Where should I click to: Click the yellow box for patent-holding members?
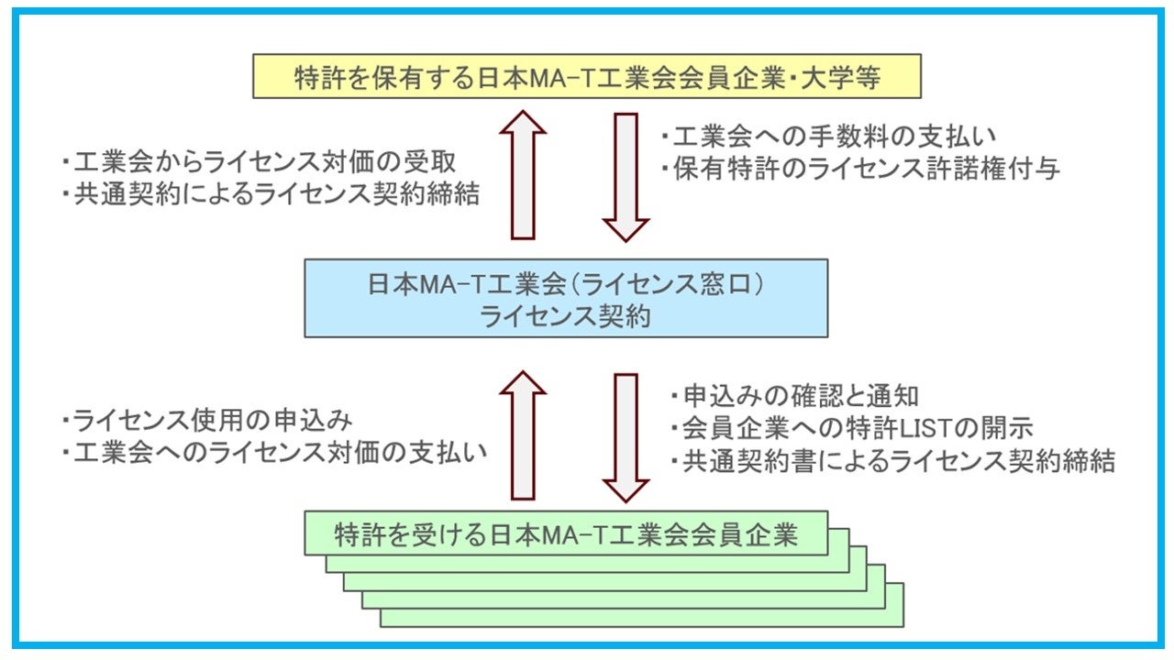pos(587,76)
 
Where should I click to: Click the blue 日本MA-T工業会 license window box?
pos(566,298)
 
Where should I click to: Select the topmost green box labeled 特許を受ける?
pos(566,533)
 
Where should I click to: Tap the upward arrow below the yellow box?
pos(523,175)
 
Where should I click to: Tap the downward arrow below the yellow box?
pos(626,178)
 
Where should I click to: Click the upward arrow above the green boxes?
pos(523,435)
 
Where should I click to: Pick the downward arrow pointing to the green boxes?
pos(626,438)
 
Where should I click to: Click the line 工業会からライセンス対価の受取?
pos(259,162)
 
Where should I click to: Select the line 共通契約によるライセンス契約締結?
pos(271,193)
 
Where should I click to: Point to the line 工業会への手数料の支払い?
pos(828,137)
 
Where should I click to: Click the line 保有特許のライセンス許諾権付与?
pos(860,169)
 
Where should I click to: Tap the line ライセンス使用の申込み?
pos(207,420)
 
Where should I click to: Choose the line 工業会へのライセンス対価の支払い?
pos(274,453)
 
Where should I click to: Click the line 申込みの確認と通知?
pos(794,396)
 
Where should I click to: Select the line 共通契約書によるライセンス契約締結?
pos(893,461)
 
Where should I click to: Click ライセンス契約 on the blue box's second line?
pos(565,316)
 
